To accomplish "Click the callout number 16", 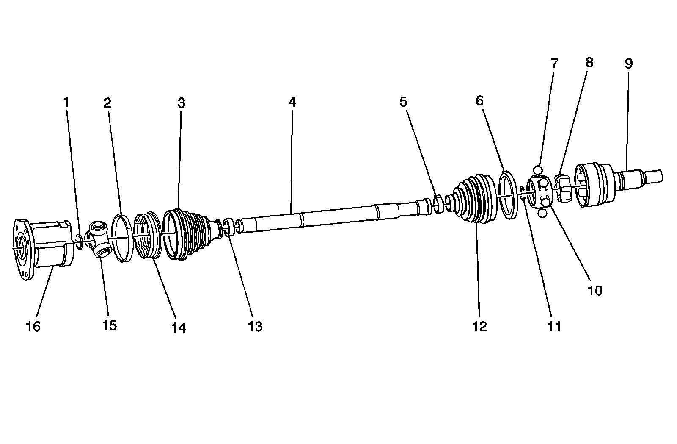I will click(x=33, y=326).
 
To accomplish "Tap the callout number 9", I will click(x=628, y=64).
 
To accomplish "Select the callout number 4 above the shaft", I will click(x=292, y=102).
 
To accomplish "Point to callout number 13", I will click(x=256, y=326).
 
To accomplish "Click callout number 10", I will click(x=595, y=291).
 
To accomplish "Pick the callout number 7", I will click(x=554, y=64).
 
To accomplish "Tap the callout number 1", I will click(x=66, y=102).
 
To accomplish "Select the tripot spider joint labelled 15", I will click(x=99, y=239).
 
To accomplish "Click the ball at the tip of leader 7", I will click(x=538, y=170).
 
